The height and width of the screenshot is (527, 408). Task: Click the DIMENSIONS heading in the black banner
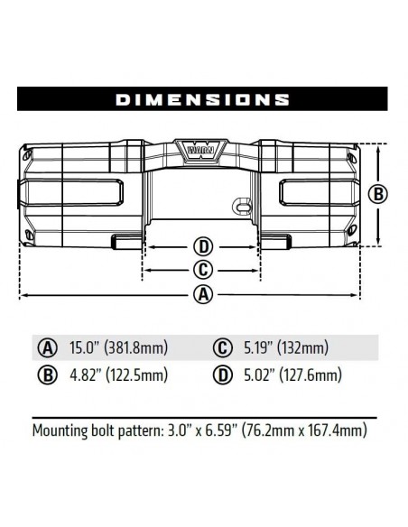coord(203,98)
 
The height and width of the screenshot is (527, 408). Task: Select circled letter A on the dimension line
coord(203,294)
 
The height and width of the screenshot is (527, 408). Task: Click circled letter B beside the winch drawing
coord(380,193)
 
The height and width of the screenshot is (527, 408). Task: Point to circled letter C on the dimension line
coord(203,269)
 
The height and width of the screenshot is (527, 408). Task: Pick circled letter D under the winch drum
coord(203,246)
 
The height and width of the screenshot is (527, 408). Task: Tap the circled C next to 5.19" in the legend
coord(221,348)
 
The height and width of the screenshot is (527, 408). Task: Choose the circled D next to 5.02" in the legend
coord(221,375)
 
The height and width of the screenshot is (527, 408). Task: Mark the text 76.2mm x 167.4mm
coord(306,431)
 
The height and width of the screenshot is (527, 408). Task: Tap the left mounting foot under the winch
coord(126,240)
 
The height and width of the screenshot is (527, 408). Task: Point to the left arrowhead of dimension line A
coord(23,295)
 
